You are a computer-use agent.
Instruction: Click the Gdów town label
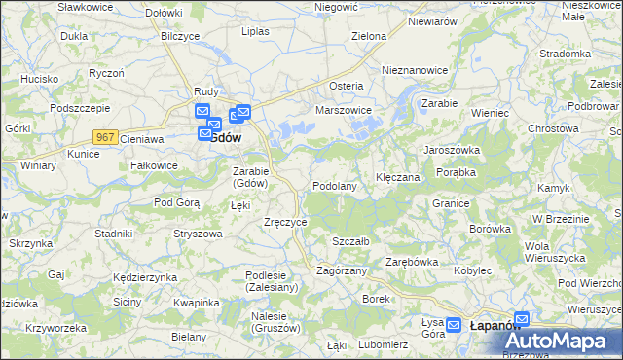coord(226,138)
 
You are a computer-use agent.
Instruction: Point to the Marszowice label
coord(345,111)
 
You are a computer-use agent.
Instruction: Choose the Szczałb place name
coord(349,240)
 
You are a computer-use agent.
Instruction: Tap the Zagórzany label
coord(341,270)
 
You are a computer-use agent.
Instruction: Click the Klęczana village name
coord(397,178)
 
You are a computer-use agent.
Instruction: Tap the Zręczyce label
coord(286,222)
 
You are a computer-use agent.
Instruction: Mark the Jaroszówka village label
coord(451,150)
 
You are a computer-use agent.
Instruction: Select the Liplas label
coord(255,31)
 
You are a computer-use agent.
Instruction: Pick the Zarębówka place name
coord(412,262)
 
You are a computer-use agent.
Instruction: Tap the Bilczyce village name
coord(180,35)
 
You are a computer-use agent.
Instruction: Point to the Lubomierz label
coord(383,344)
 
